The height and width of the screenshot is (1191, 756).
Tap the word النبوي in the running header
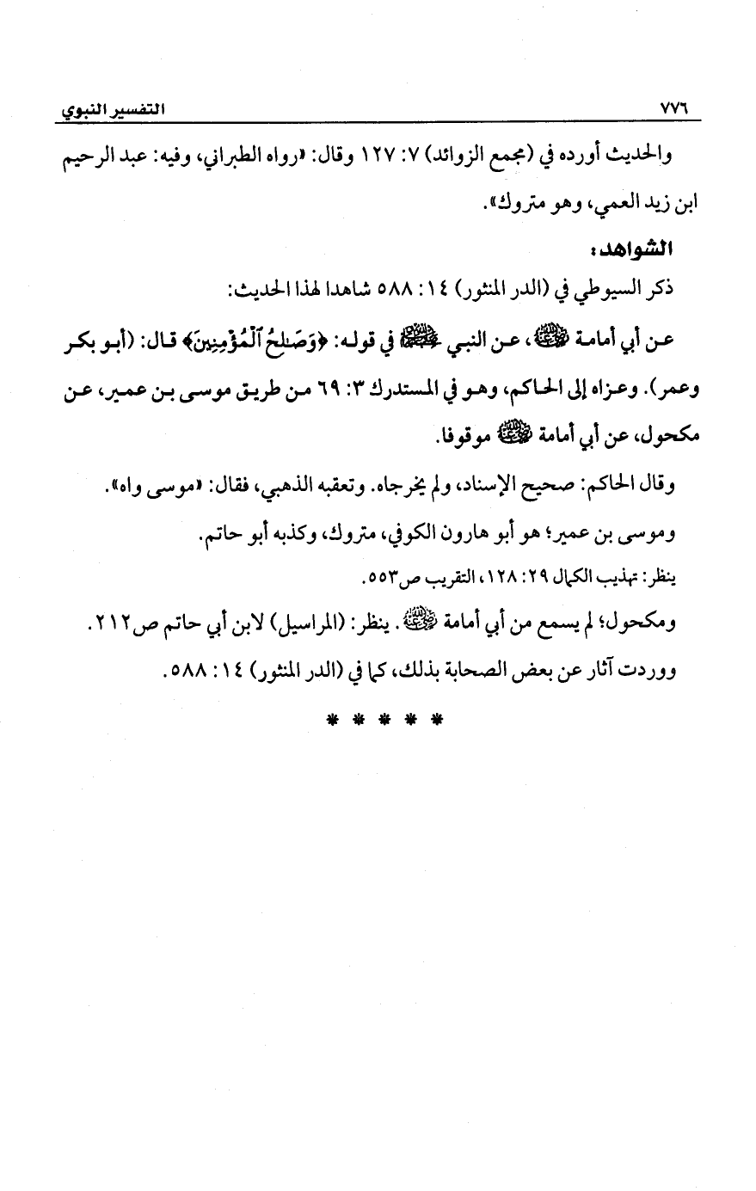(x=77, y=111)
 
